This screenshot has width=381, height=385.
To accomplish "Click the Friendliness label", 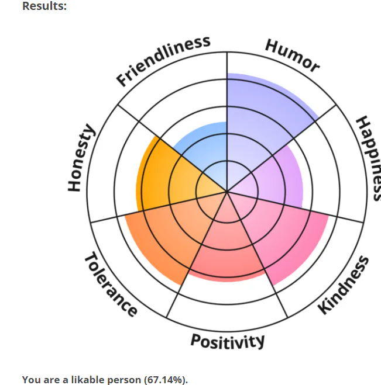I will (x=163, y=60).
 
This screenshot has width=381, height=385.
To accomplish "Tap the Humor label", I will (x=292, y=56).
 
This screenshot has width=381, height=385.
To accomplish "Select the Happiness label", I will (x=368, y=158).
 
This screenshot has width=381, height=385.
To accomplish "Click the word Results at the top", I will (x=44, y=6).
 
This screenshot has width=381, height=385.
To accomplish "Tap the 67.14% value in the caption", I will (x=166, y=380).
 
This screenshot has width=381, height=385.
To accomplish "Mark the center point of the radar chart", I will (x=227, y=191).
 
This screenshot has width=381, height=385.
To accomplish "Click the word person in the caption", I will (x=126, y=380).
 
